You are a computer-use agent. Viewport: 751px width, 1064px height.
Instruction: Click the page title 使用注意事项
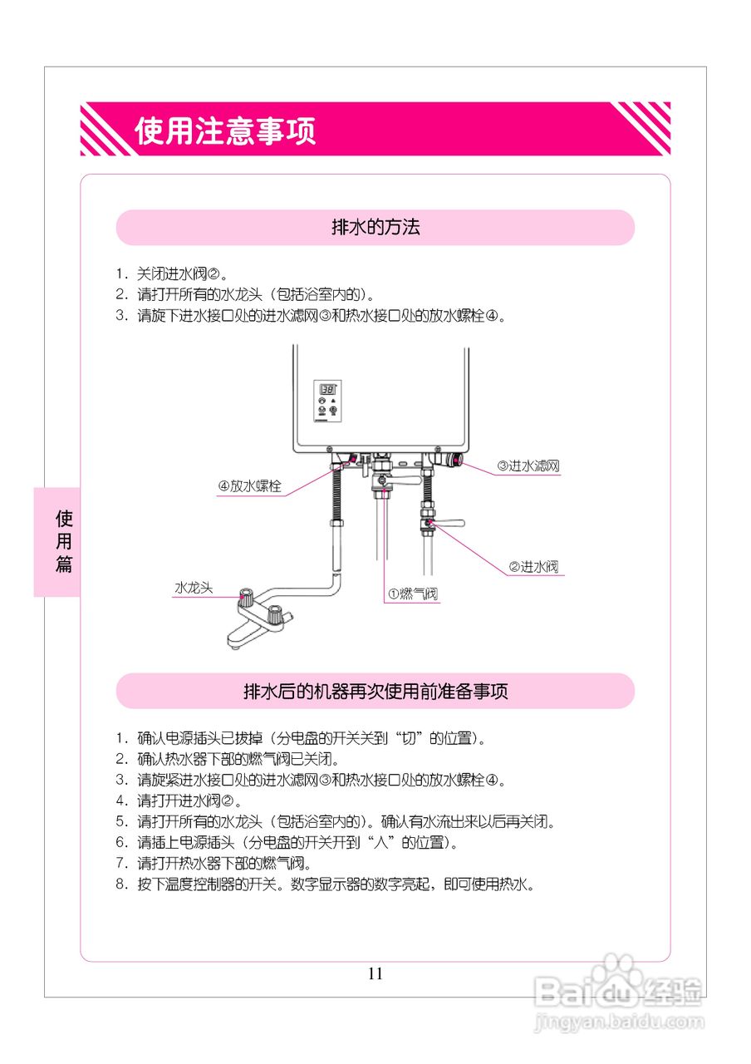225,131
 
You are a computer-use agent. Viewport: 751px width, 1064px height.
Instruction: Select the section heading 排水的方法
375,228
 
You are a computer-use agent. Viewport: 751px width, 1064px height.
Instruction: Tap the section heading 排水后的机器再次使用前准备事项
375,692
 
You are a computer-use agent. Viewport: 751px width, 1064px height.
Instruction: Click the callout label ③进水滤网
528,466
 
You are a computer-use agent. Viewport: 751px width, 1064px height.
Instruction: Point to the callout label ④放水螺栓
250,486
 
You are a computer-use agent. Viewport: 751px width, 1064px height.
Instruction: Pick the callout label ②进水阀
533,567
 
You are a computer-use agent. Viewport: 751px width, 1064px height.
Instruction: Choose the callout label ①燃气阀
412,594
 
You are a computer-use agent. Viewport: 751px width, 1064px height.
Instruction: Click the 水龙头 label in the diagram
193,588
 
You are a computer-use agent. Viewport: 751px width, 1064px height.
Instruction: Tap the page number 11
375,973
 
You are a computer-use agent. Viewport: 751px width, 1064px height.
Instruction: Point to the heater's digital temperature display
327,389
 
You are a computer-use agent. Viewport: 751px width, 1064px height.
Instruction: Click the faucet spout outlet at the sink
235,642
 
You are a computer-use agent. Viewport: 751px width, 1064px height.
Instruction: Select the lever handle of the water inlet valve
449,525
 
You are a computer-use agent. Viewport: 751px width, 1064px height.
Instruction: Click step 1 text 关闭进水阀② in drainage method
182,273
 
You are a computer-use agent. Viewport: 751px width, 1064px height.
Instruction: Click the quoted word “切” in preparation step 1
408,737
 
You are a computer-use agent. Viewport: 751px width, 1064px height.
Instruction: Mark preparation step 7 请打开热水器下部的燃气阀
224,863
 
